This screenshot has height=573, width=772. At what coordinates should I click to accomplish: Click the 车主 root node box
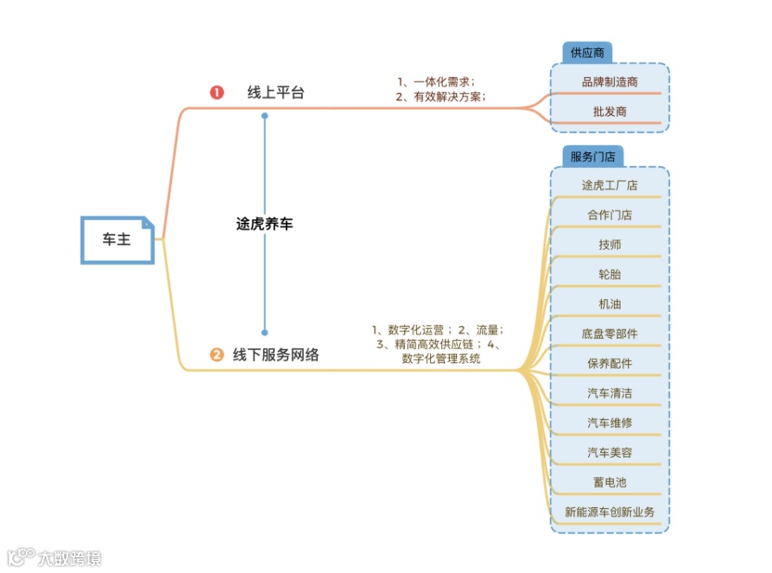click(x=117, y=240)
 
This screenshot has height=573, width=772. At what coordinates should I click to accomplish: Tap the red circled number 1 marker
click(x=216, y=93)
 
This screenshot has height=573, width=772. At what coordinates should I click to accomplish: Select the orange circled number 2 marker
click(x=216, y=354)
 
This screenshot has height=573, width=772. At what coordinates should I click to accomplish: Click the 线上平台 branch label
click(x=275, y=93)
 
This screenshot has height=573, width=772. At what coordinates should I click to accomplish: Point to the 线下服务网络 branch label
click(x=276, y=354)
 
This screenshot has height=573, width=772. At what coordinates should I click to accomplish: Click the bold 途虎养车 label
click(x=264, y=224)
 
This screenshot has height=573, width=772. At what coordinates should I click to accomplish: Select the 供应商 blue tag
click(x=586, y=52)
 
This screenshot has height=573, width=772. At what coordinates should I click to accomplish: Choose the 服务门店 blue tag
click(x=592, y=156)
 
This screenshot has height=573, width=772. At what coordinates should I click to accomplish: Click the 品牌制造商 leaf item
click(x=609, y=82)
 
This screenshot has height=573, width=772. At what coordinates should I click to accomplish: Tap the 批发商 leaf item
click(x=609, y=111)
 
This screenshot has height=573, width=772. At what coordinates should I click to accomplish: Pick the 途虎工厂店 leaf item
click(x=609, y=185)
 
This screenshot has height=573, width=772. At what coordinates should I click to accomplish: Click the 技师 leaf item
click(x=609, y=244)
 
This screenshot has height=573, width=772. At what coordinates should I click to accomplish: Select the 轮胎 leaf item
click(x=609, y=274)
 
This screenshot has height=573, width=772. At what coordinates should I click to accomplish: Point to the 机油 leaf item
click(x=609, y=304)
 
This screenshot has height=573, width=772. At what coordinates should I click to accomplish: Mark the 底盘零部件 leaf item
click(x=609, y=333)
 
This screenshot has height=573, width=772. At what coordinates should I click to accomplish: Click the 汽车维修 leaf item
click(x=609, y=423)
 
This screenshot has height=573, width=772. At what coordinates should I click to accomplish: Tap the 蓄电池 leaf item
click(x=609, y=482)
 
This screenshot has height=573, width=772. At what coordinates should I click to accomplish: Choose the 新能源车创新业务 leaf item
click(x=609, y=512)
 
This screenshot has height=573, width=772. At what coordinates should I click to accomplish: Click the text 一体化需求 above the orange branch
click(x=441, y=82)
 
